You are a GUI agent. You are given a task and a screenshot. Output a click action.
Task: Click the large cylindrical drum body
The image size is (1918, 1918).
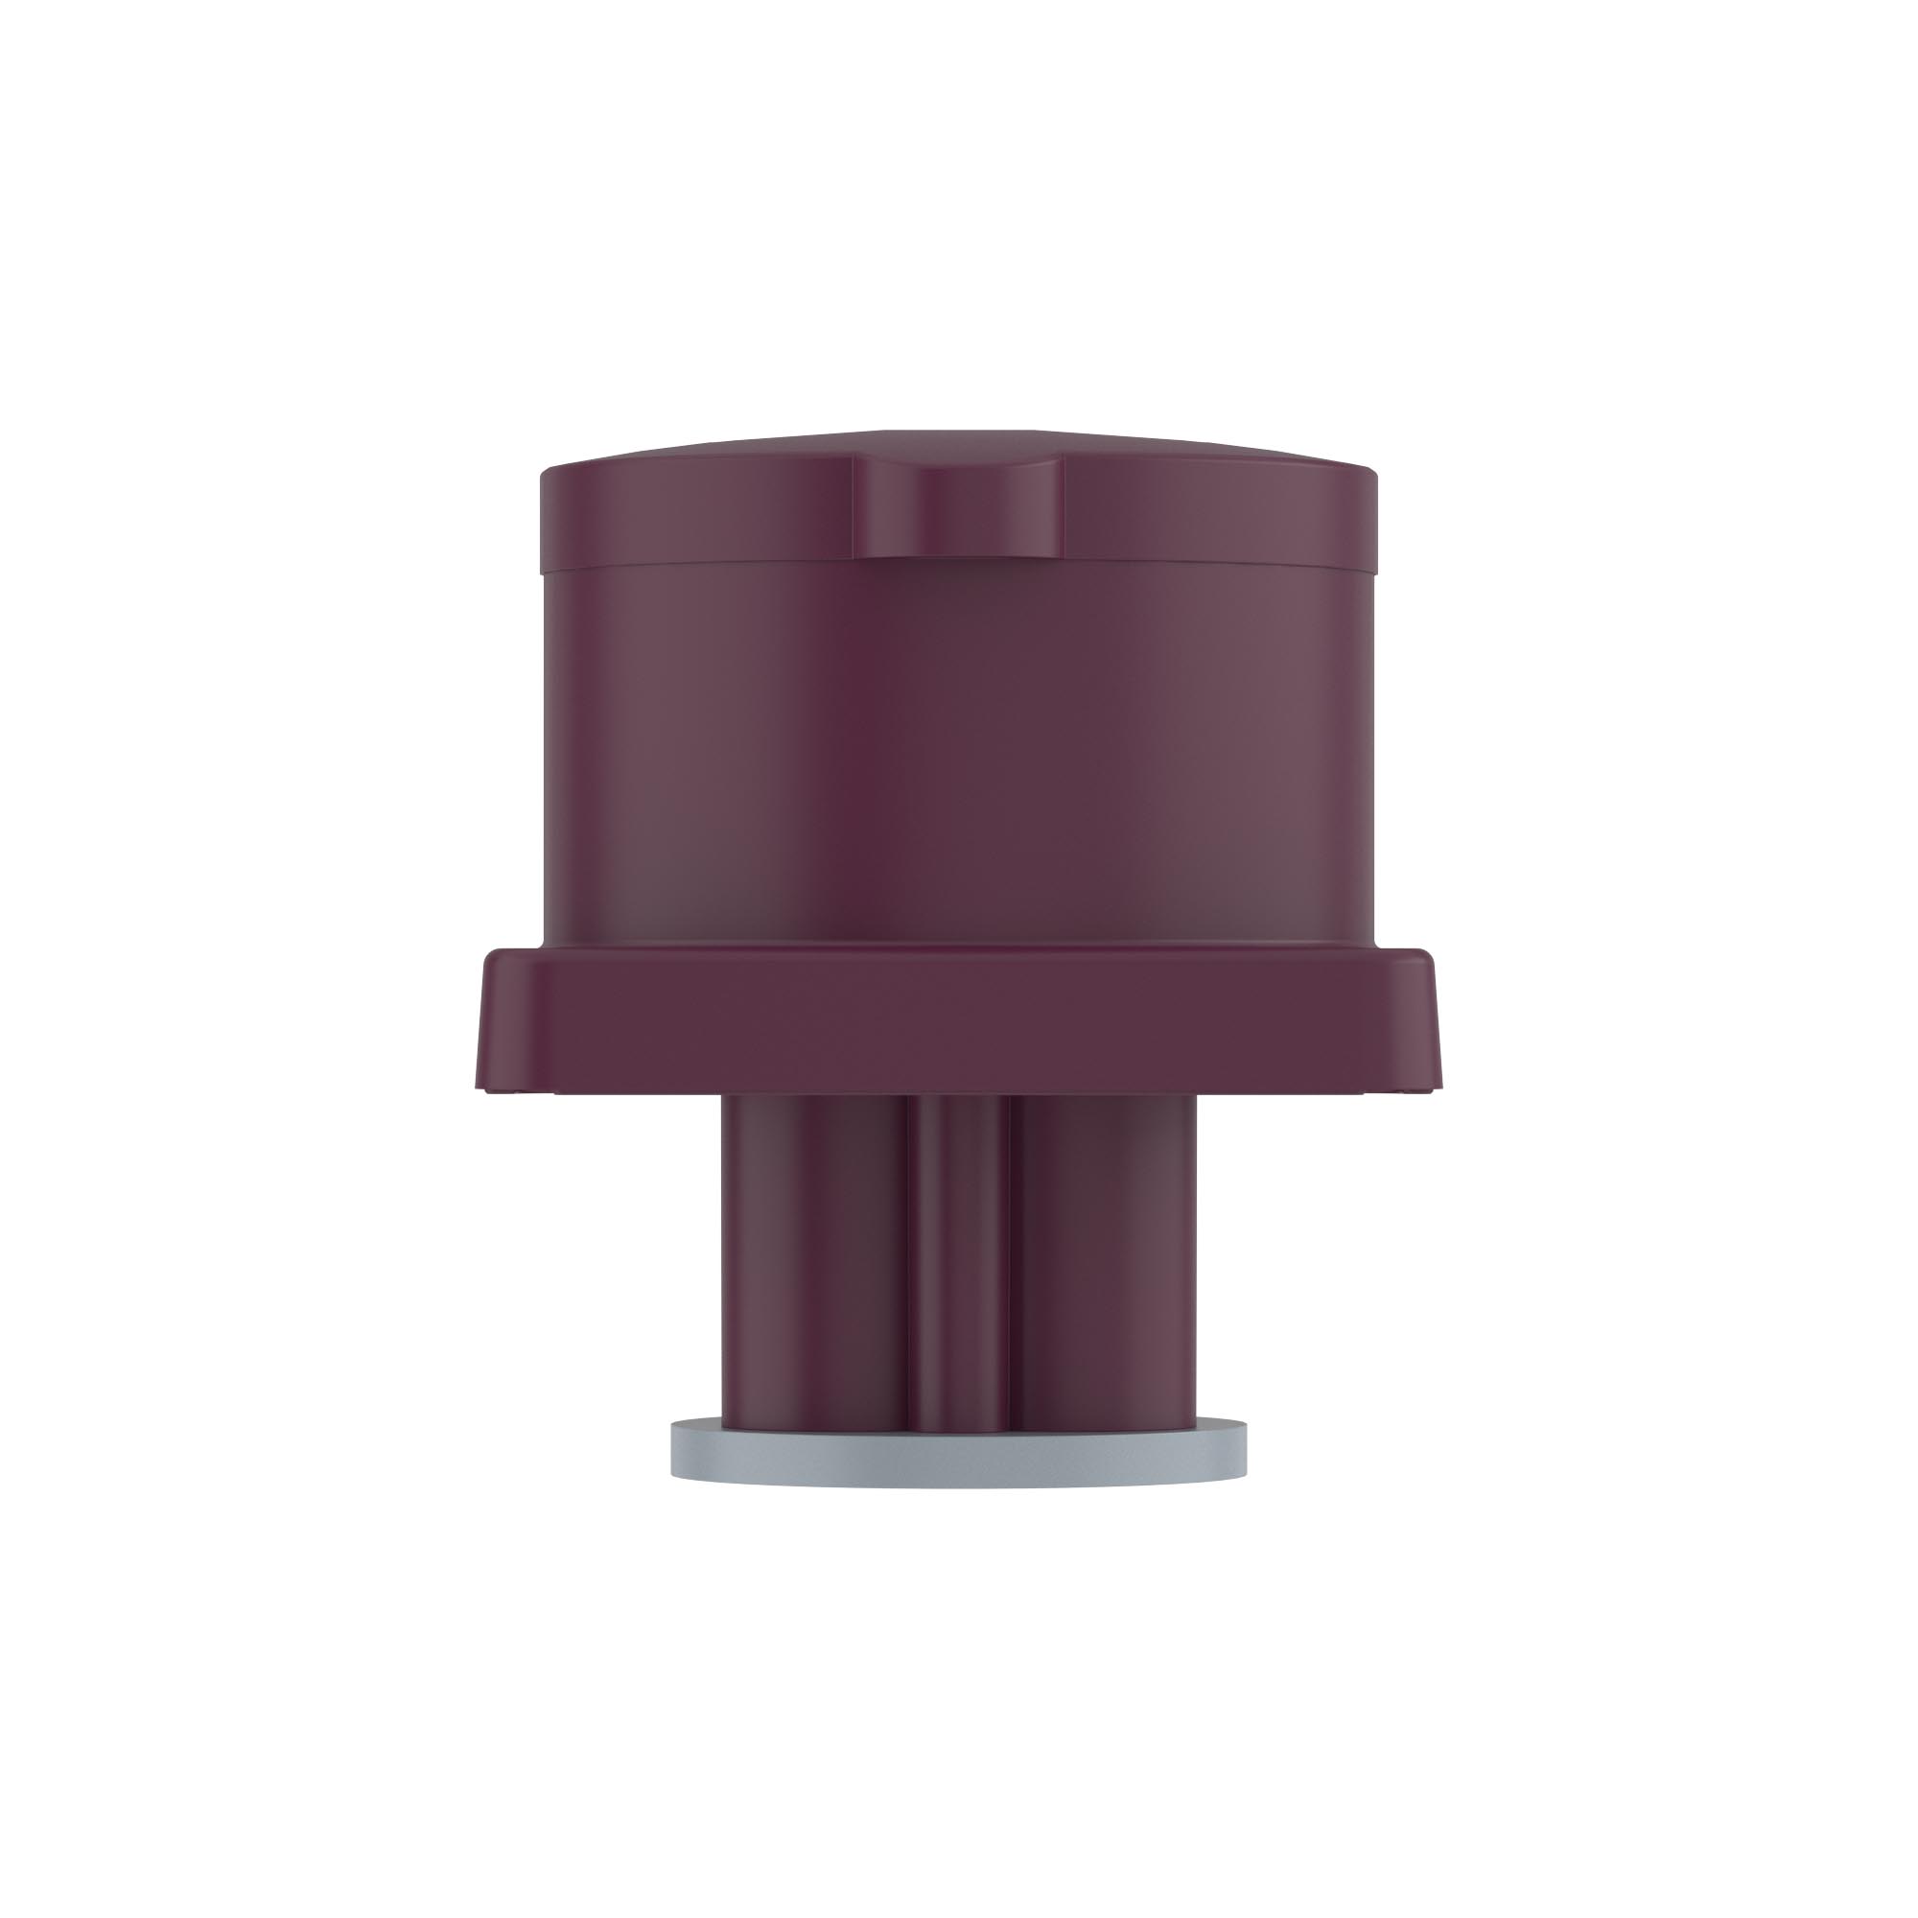(x=958, y=755)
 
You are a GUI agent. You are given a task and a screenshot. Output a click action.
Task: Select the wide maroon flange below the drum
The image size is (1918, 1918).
(x=958, y=1022)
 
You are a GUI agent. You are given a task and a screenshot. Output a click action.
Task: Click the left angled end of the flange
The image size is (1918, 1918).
(x=503, y=1022)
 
